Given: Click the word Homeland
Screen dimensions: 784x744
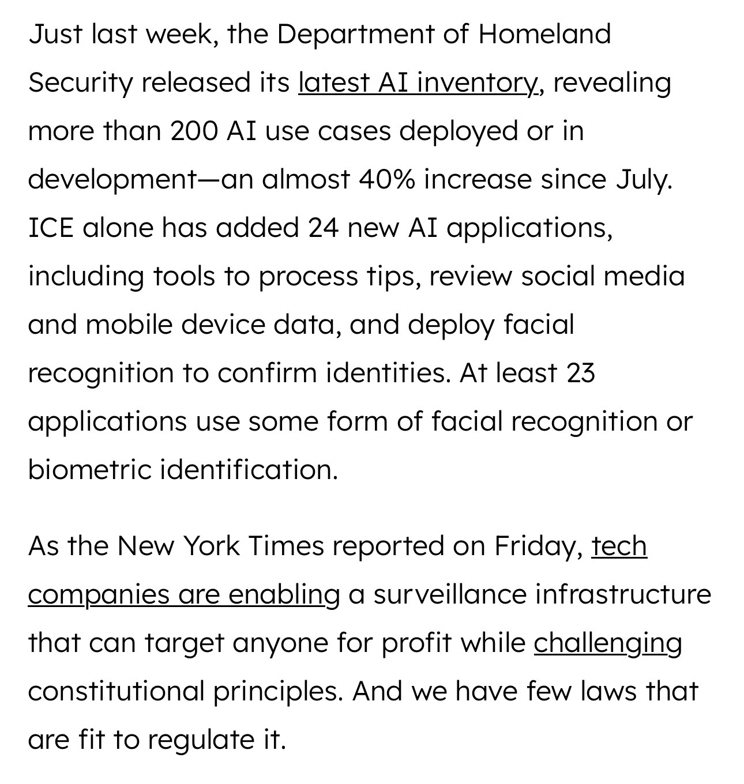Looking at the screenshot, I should tap(544, 34).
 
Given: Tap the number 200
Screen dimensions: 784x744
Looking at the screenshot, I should tap(194, 131).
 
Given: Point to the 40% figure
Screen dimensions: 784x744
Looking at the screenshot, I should tap(386, 179).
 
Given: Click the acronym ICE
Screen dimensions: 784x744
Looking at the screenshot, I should tap(51, 228).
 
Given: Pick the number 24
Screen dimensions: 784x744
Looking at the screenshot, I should tap(322, 228).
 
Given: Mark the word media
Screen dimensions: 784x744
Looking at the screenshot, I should tap(644, 276).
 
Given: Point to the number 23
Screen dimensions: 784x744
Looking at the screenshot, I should tap(580, 373).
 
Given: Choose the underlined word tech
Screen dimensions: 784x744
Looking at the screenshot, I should tap(619, 546).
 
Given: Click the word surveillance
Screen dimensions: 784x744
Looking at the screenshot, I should tap(449, 594).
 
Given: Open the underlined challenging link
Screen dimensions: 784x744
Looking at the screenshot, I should tap(607, 643).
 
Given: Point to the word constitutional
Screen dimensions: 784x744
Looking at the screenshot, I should tap(116, 691).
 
